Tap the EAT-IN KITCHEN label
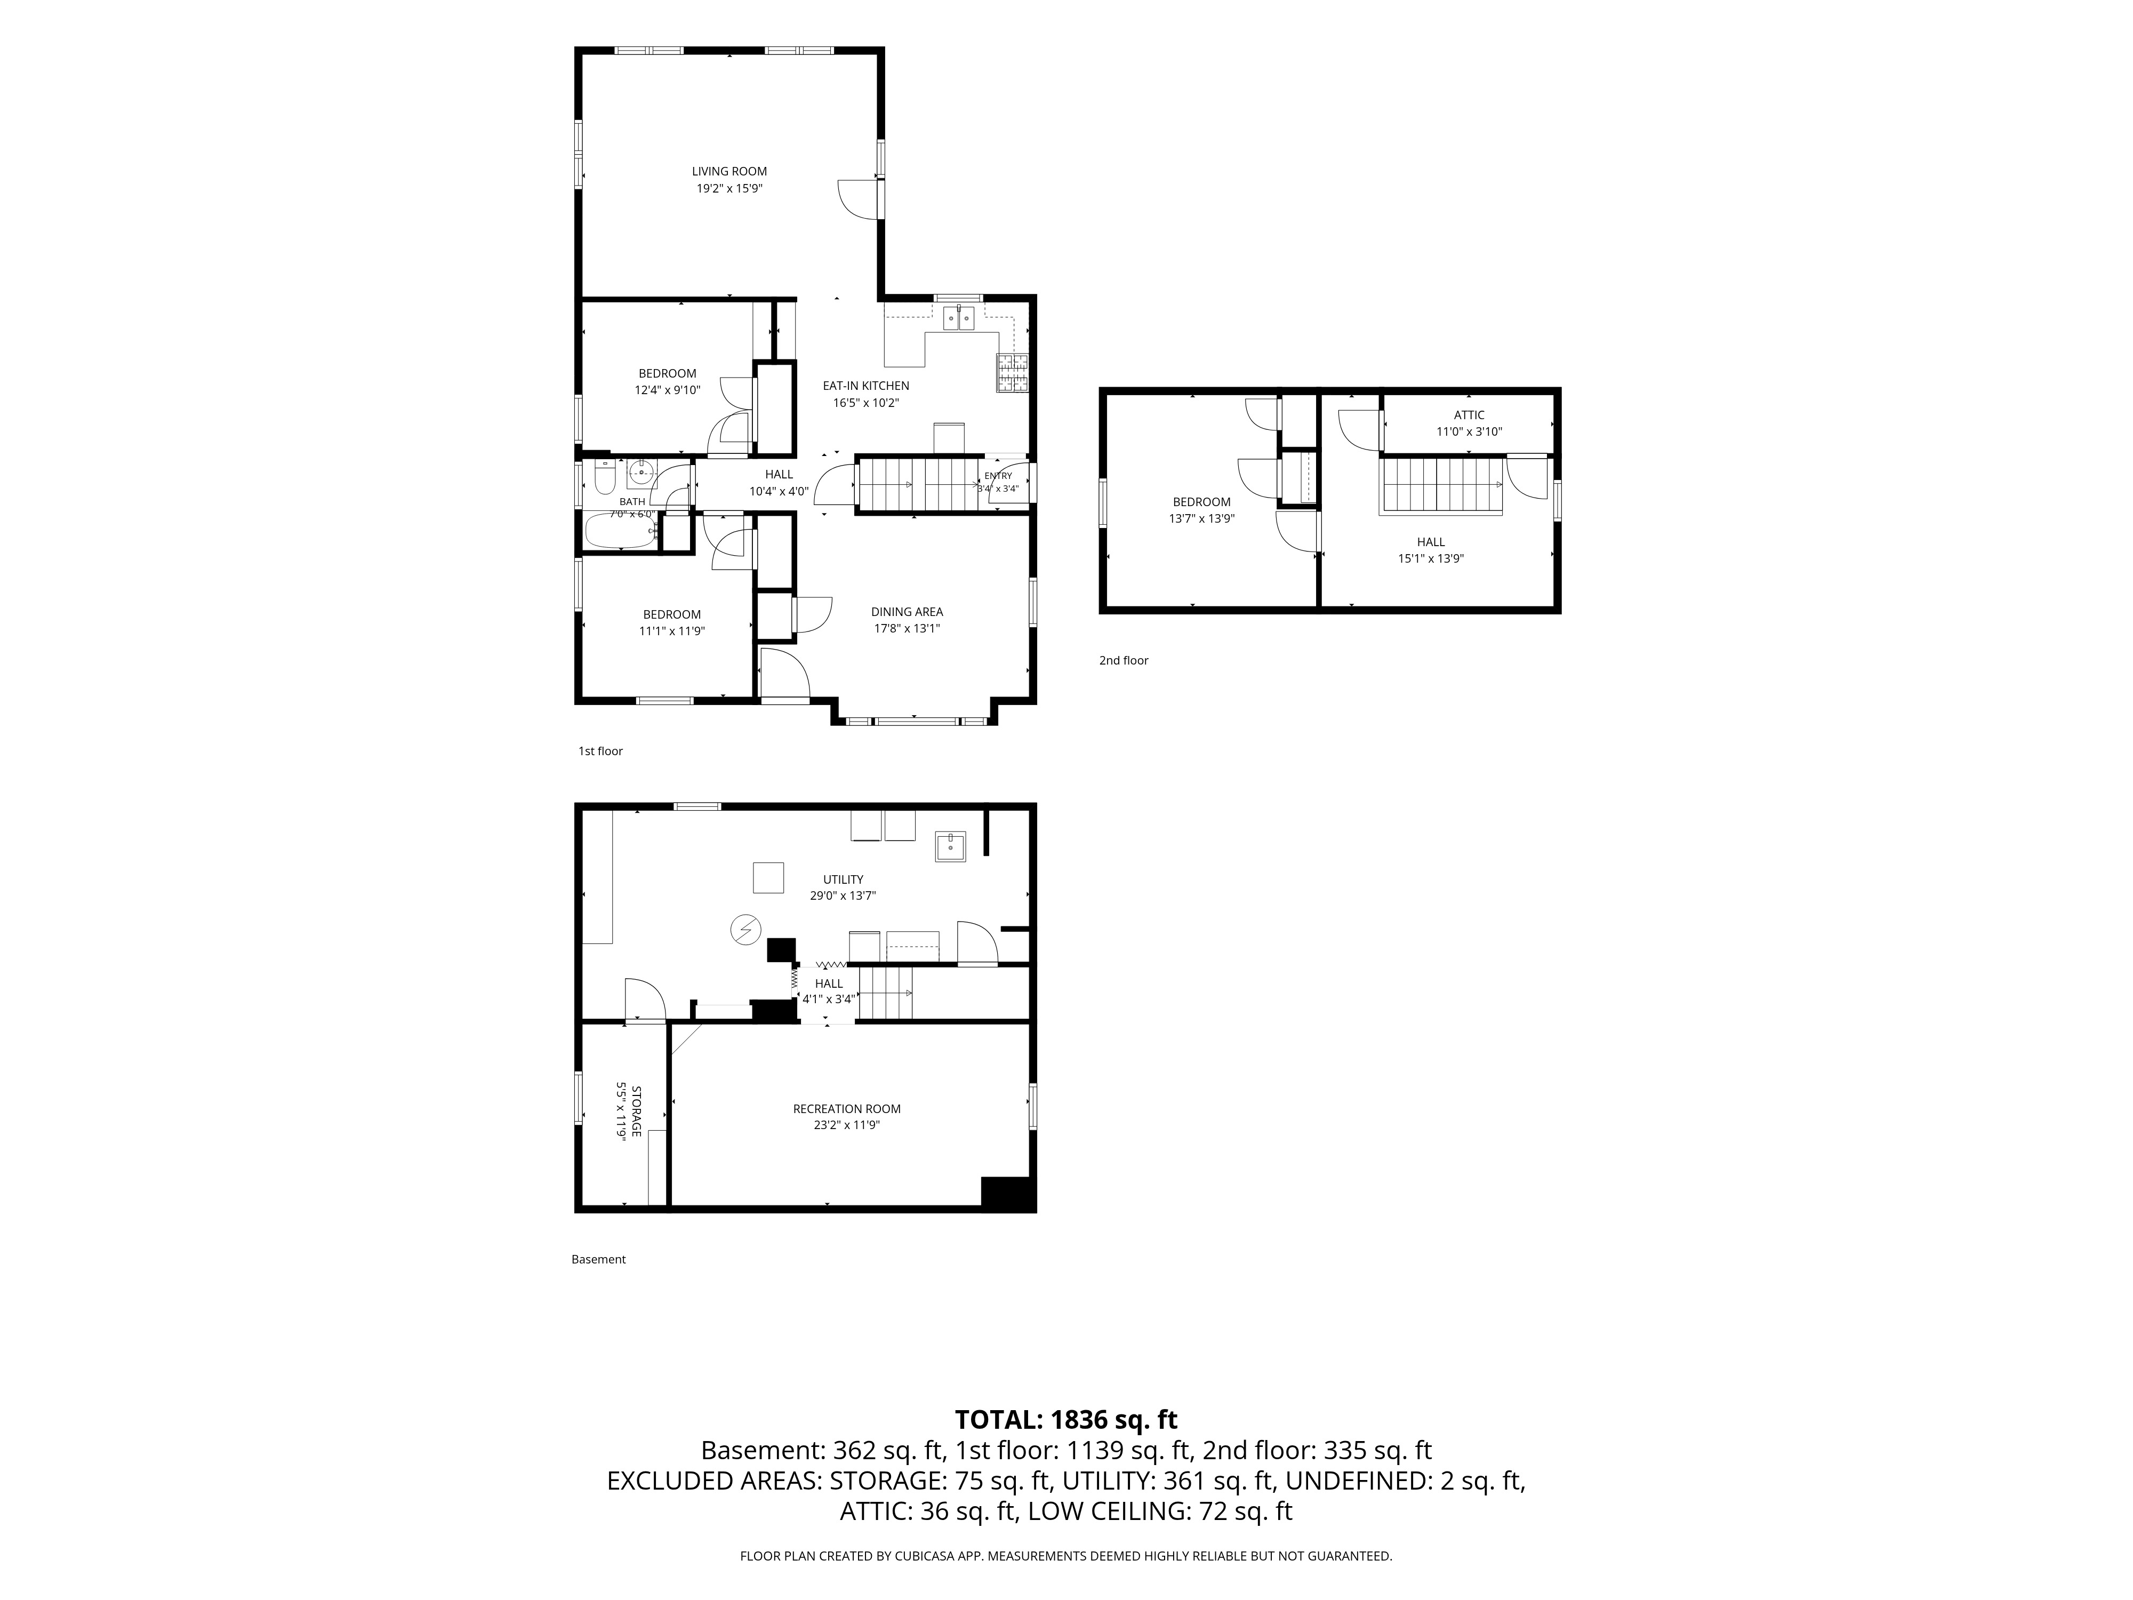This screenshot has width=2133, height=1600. pos(866,386)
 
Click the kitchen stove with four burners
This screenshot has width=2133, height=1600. pos(1013,372)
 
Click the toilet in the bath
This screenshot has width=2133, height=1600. pos(605,476)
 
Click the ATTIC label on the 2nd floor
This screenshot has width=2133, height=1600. pos(1470,415)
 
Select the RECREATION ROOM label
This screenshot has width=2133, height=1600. pos(847,1109)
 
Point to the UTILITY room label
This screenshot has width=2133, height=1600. pos(843,879)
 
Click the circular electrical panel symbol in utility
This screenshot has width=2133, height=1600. pos(745,930)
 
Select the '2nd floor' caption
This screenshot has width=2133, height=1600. pos(1124,661)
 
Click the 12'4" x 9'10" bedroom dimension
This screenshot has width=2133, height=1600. pos(667,390)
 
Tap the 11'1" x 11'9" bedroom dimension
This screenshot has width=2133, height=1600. pos(672,631)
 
